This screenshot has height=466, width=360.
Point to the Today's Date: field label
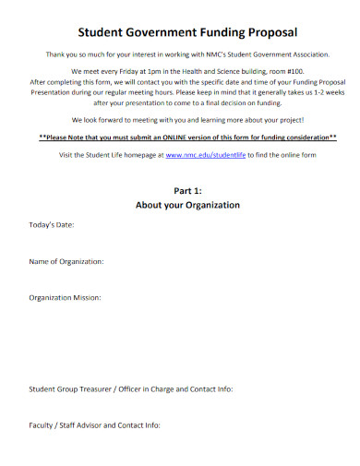point(52,225)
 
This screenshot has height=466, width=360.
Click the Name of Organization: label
point(66,262)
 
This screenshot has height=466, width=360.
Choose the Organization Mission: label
point(65,298)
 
